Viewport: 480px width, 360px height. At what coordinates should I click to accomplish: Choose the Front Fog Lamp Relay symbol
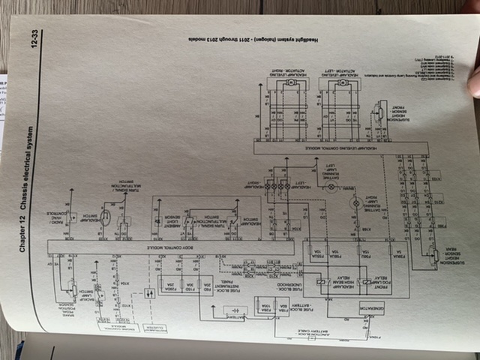(365, 283)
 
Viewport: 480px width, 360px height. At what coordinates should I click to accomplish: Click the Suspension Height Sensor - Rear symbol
(435, 255)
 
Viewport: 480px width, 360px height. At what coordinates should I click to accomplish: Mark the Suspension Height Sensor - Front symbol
(379, 112)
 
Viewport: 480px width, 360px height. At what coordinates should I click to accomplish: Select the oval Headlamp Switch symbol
(106, 220)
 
